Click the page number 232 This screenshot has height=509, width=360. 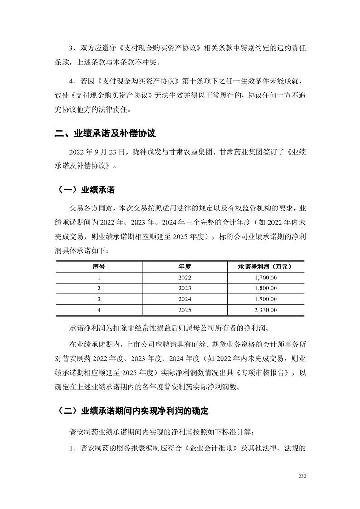click(x=303, y=476)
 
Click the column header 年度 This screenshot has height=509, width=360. click(x=185, y=267)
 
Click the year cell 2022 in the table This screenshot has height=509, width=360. click(x=185, y=278)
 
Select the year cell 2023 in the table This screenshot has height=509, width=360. click(x=185, y=289)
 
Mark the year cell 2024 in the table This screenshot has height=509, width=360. click(x=185, y=299)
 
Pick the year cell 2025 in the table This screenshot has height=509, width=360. click(x=185, y=310)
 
